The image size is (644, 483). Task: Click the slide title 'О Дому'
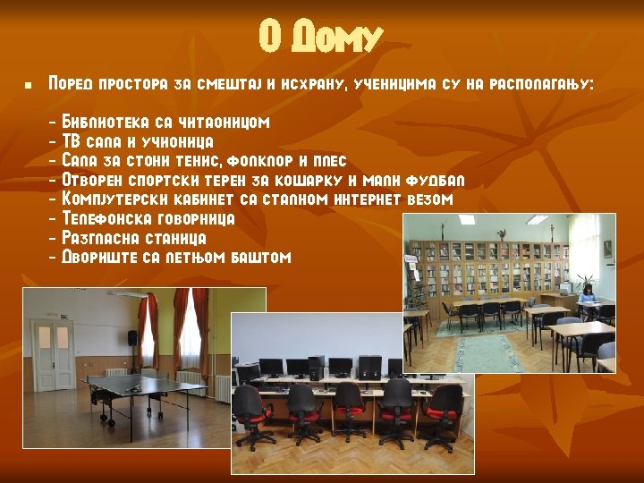(x=321, y=38)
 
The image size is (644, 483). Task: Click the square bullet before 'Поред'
(x=28, y=86)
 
